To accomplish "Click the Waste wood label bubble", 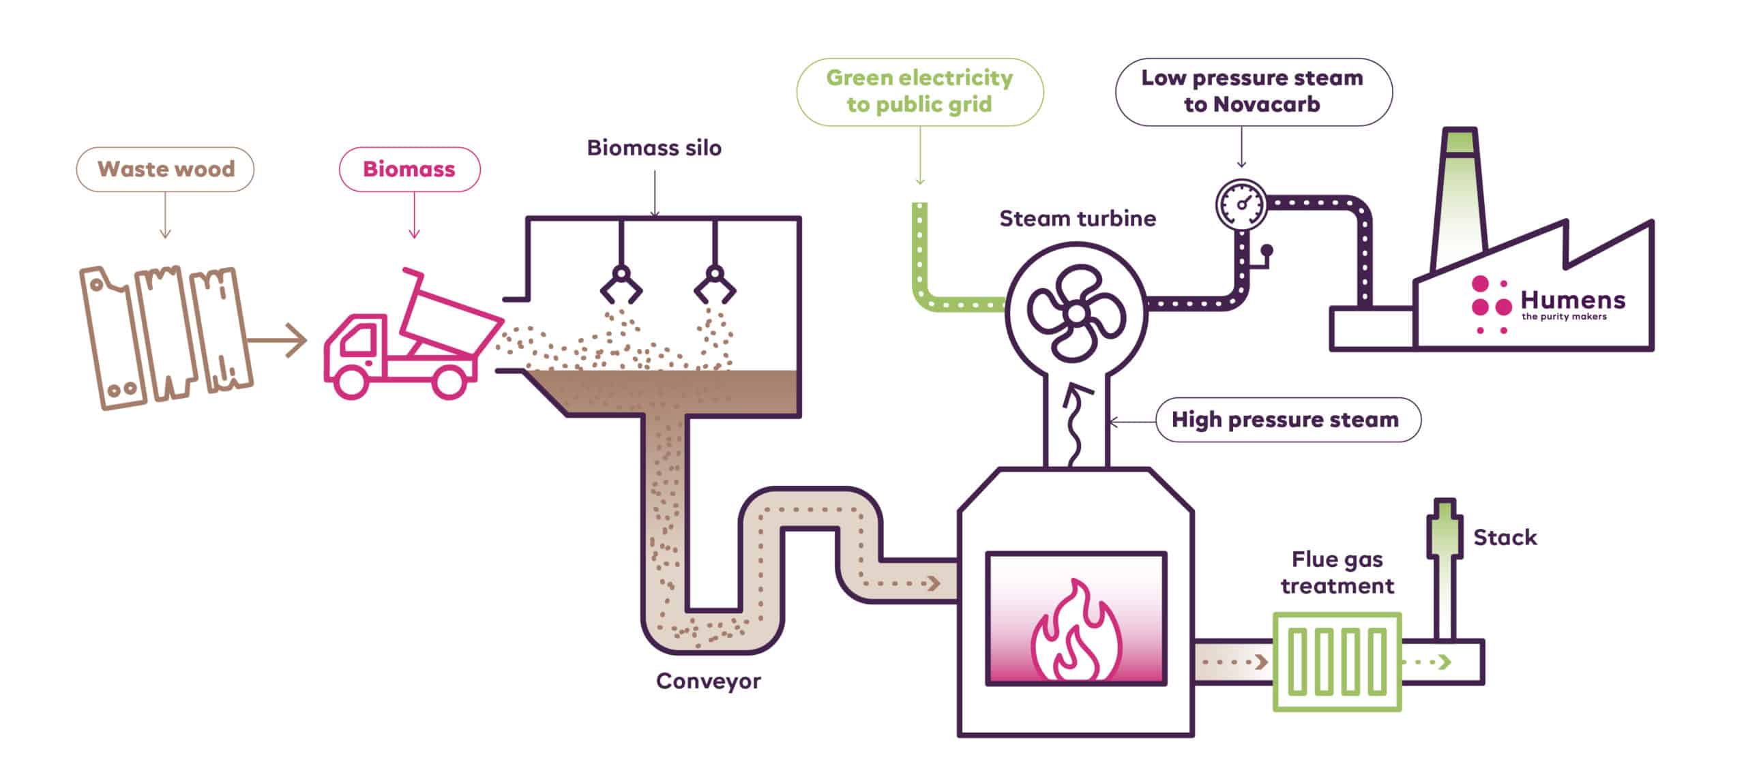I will click(x=165, y=169).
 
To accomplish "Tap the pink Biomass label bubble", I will click(x=409, y=169).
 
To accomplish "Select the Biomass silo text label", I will click(x=654, y=148).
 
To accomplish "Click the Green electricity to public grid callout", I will click(x=919, y=91).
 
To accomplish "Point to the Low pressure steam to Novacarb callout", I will click(x=1253, y=91).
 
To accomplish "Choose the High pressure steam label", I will click(x=1286, y=419).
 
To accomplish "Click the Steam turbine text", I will click(x=1078, y=219).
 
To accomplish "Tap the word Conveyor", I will click(x=708, y=681).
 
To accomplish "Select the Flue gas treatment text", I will click(x=1337, y=572).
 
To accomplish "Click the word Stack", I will click(x=1505, y=538).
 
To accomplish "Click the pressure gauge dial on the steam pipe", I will click(x=1241, y=203).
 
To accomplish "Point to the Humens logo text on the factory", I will click(x=1573, y=301).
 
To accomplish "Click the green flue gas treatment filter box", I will click(x=1337, y=662).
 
